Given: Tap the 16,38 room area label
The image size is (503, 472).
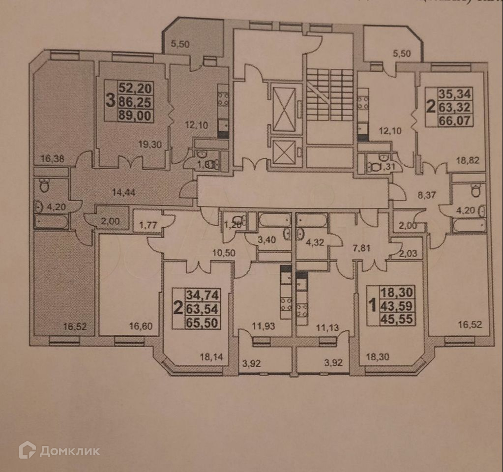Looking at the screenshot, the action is pos(50,158).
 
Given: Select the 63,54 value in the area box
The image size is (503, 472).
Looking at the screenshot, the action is pos(202,309).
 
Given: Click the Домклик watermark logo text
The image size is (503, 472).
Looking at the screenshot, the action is pos(69,451).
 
